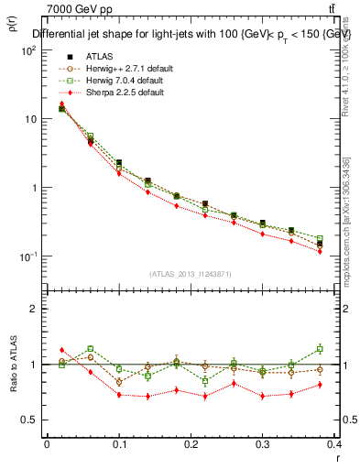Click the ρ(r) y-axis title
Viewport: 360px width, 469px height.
[13, 20]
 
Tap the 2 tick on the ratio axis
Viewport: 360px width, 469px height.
[35, 310]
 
